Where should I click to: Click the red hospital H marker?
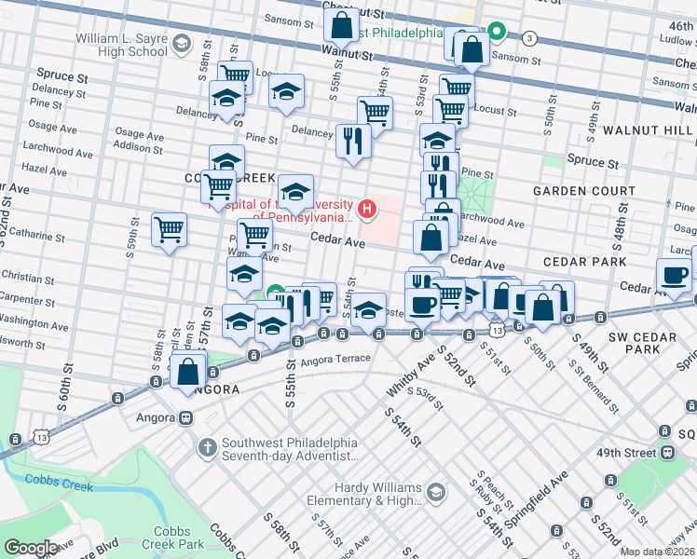tap(368, 208)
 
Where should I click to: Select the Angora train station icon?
tap(186, 417)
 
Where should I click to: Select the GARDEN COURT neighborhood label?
tap(584, 191)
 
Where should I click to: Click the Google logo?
tap(32, 547)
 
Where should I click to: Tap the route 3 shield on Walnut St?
tap(529, 38)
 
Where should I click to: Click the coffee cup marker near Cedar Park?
tap(673, 275)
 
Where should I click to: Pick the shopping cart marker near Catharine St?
tap(169, 229)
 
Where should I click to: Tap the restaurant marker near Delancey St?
tap(353, 141)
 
